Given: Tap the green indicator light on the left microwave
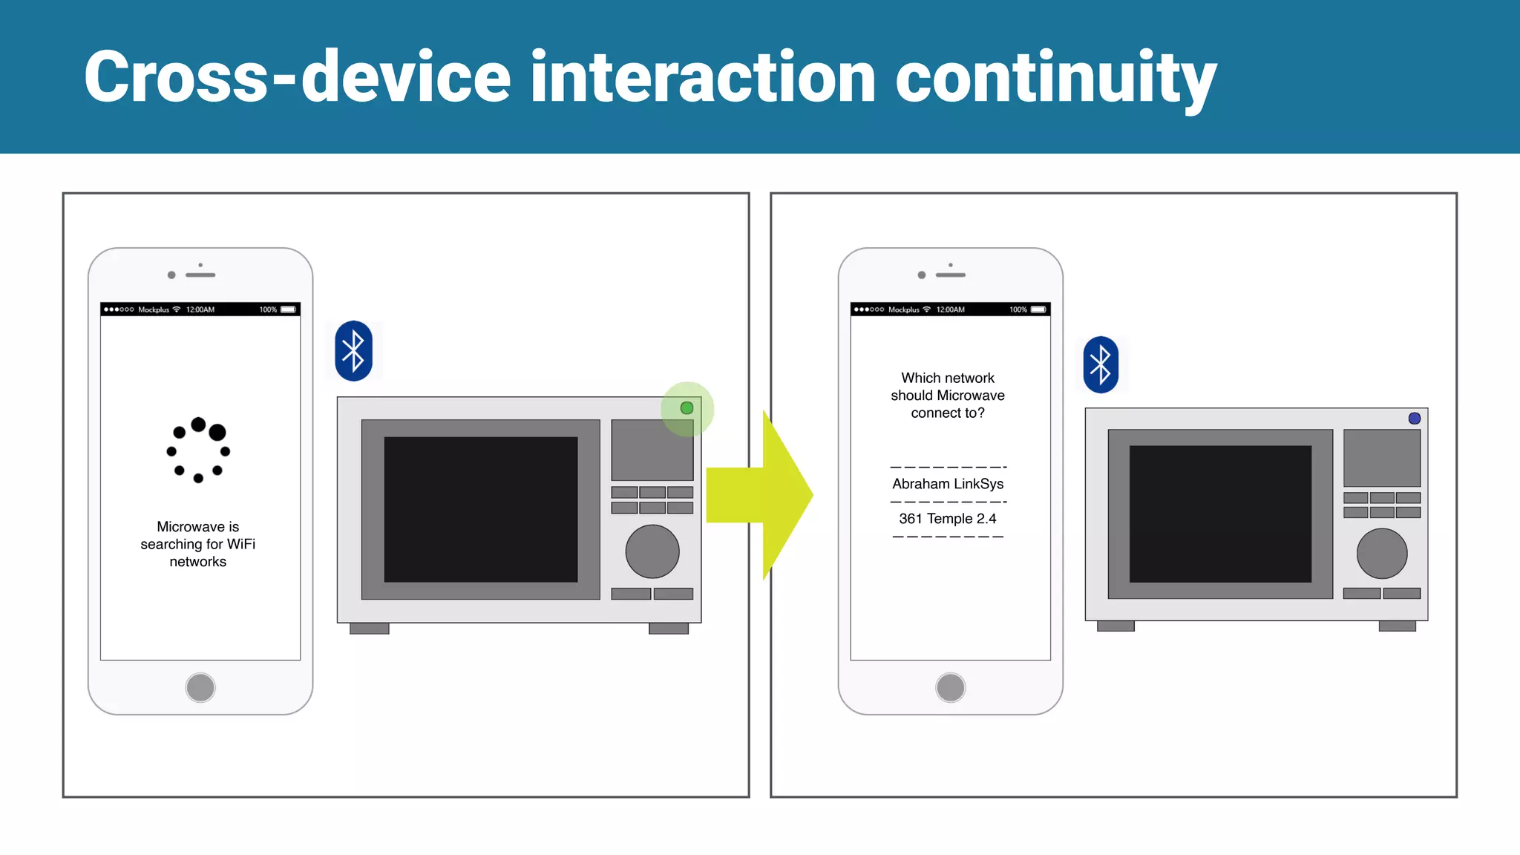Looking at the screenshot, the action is [687, 408].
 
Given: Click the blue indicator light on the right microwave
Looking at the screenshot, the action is [1415, 419].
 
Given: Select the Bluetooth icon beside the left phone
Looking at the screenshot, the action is [353, 351].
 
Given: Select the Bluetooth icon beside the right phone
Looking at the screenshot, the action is [1101, 365].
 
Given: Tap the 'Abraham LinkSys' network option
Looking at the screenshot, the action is [948, 484].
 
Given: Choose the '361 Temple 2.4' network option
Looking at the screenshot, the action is [948, 519].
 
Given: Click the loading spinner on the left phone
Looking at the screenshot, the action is [198, 450].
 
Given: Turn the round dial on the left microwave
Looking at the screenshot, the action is [652, 551].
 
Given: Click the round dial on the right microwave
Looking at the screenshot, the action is [1382, 554].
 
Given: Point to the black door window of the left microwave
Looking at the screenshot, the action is [480, 509].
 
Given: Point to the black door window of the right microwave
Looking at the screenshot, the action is [1220, 514].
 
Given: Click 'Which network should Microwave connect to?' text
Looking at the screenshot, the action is [948, 396].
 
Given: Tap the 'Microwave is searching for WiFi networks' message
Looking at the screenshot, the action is [198, 544].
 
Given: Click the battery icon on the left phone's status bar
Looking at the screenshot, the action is [288, 309].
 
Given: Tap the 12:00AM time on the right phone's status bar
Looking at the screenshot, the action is [950, 309].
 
